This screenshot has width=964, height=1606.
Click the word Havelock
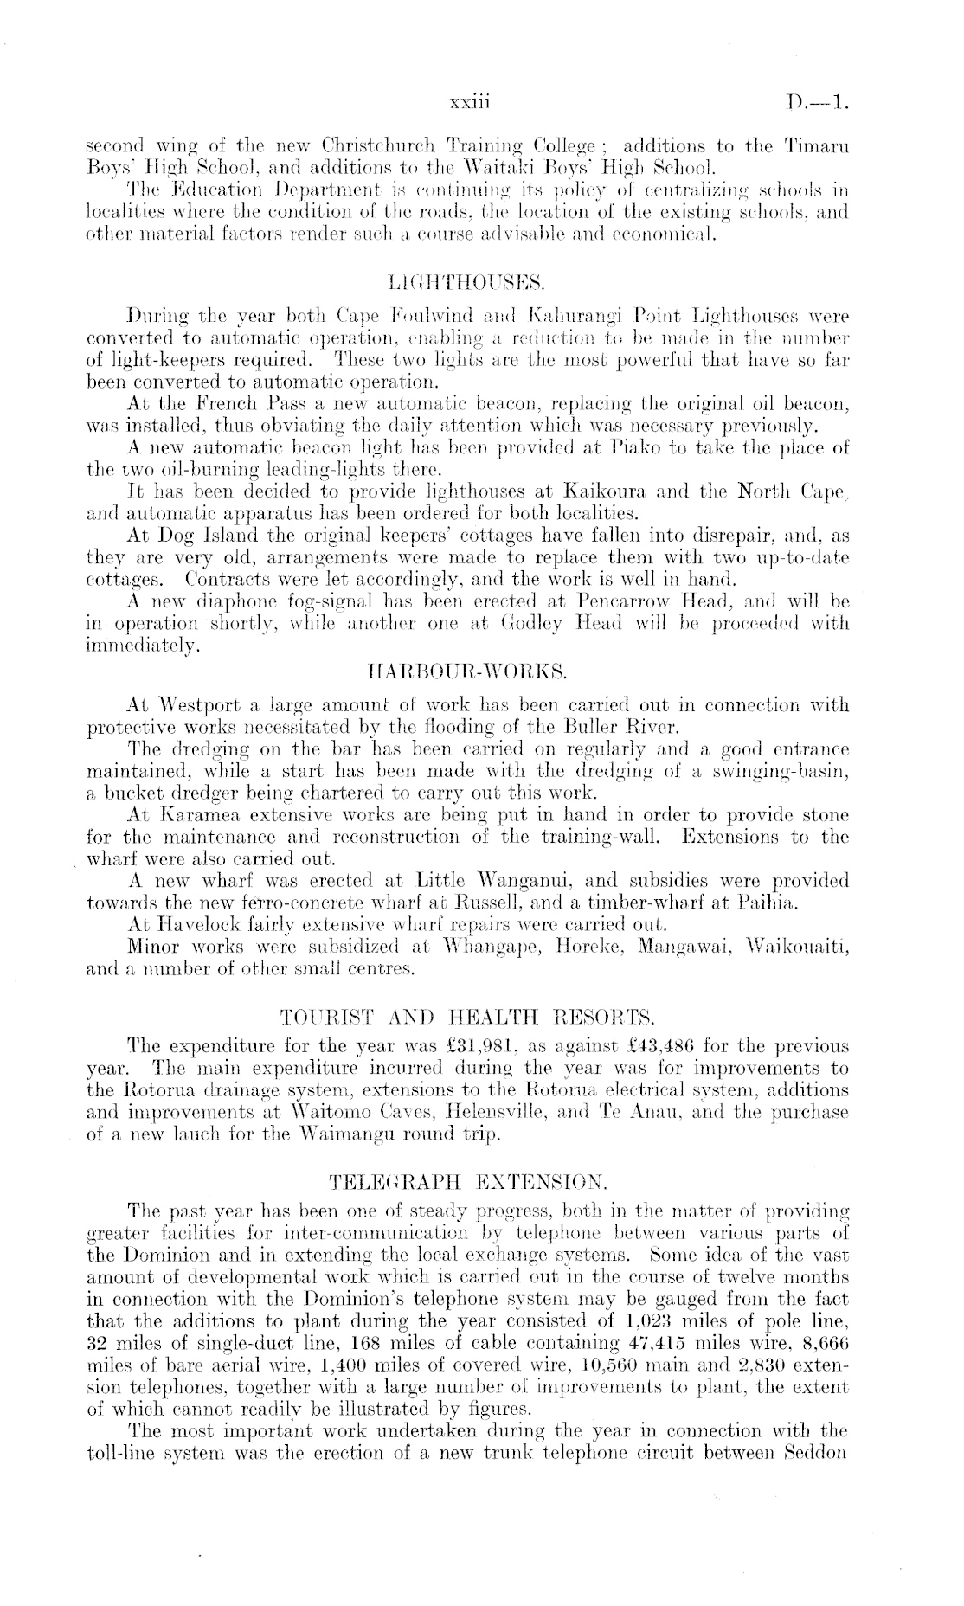190,926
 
